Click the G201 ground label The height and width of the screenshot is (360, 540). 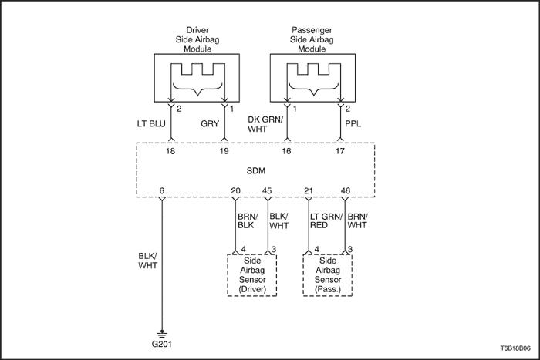click(x=161, y=344)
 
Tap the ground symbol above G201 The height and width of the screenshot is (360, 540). click(x=161, y=334)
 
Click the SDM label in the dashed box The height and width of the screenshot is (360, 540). click(x=256, y=170)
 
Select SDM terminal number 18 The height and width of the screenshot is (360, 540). click(x=170, y=151)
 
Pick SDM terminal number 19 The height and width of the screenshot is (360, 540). click(x=224, y=151)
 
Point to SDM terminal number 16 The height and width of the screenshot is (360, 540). click(x=286, y=151)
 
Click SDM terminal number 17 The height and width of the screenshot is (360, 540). click(x=340, y=151)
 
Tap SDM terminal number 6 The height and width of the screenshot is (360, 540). click(x=162, y=190)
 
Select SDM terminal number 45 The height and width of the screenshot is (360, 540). click(x=267, y=190)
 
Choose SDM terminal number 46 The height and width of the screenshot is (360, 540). click(x=346, y=190)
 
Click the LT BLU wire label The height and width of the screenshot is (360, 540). click(x=151, y=123)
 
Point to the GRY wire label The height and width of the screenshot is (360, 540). click(x=210, y=123)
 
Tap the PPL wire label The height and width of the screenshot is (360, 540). click(x=353, y=123)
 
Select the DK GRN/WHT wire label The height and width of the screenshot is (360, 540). click(x=265, y=124)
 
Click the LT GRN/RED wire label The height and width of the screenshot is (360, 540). click(x=326, y=221)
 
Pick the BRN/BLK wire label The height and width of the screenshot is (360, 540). click(x=248, y=221)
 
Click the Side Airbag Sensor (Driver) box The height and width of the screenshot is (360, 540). click(x=252, y=275)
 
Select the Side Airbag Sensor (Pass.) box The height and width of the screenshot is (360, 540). click(x=328, y=275)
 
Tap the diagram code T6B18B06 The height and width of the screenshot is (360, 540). click(x=515, y=348)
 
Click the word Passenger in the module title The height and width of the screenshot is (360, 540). click(x=312, y=30)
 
